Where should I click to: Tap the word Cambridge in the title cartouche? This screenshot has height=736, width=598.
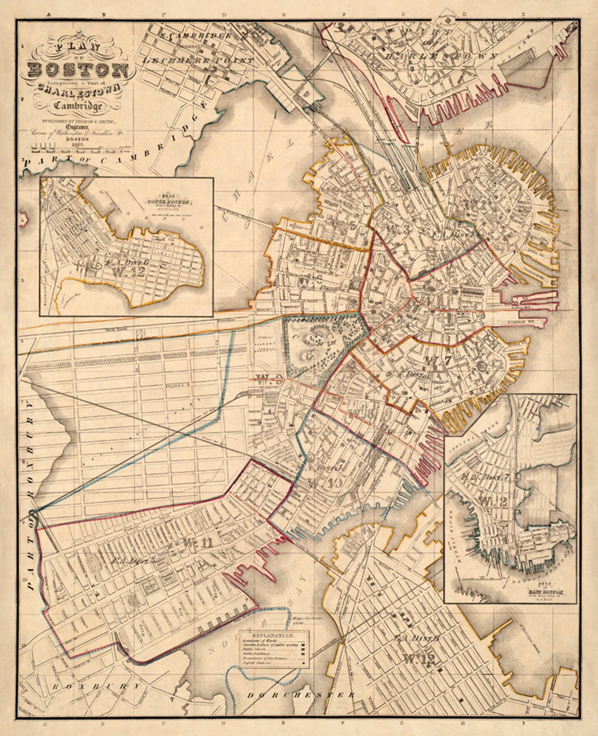coord(78,106)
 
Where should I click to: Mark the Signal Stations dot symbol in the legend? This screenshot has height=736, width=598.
coord(303,663)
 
